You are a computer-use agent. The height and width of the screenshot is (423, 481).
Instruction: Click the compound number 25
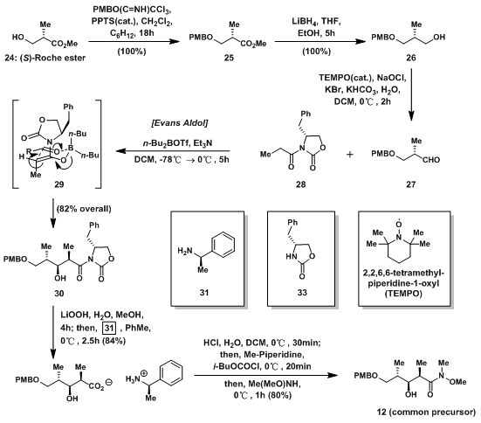[229, 58]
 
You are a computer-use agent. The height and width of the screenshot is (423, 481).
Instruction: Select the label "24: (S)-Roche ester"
[45, 58]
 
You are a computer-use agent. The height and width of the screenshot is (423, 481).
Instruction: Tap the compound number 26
[411, 58]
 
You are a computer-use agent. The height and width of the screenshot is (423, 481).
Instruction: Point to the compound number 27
[411, 184]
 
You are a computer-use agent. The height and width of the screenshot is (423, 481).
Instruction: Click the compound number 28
[300, 184]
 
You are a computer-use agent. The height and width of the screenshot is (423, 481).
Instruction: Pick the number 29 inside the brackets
[58, 184]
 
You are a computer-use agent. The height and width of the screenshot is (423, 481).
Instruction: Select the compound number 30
[58, 294]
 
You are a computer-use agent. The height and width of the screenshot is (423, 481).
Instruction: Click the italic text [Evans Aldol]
[180, 123]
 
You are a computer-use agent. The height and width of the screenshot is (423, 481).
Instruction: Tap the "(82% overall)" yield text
[84, 209]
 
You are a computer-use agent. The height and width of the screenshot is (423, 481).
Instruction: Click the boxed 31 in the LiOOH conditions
[109, 328]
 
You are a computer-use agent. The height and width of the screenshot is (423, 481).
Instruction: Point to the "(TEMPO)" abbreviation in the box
[403, 294]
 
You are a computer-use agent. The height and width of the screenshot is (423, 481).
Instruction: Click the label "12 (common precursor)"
[426, 412]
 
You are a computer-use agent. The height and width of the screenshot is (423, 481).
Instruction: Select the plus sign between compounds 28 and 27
[350, 154]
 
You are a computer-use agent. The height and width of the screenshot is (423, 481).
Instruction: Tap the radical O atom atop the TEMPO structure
[398, 224]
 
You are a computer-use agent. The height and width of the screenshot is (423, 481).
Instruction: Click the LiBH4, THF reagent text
[316, 22]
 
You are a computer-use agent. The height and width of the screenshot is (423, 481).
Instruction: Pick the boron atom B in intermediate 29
[71, 149]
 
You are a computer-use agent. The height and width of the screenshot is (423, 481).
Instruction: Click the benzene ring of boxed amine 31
[223, 244]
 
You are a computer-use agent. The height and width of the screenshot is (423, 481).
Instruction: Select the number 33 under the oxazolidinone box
[302, 292]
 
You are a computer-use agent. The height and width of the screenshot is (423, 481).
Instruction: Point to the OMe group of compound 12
[457, 382]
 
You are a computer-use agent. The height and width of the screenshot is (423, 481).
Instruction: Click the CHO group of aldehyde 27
[431, 160]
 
